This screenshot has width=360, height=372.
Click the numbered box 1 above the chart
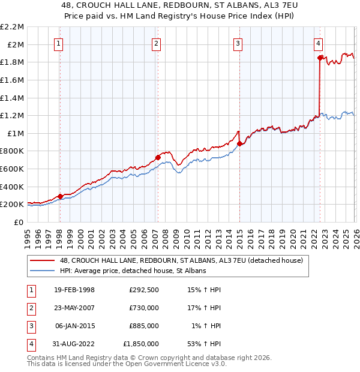click(x=59, y=43)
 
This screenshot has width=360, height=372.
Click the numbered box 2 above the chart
click(x=156, y=43)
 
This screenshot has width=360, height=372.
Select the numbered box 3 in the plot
click(x=238, y=43)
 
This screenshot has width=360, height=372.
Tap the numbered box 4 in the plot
click(x=318, y=43)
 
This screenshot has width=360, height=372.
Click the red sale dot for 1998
click(x=60, y=196)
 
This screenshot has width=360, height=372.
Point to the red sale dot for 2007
click(x=158, y=157)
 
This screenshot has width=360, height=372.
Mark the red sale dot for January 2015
click(x=239, y=143)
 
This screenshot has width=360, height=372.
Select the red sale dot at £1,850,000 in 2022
click(x=320, y=58)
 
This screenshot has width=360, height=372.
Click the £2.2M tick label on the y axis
click(x=12, y=27)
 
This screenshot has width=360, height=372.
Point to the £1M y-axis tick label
click(x=16, y=133)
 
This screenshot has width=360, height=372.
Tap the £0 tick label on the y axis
click(x=19, y=222)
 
